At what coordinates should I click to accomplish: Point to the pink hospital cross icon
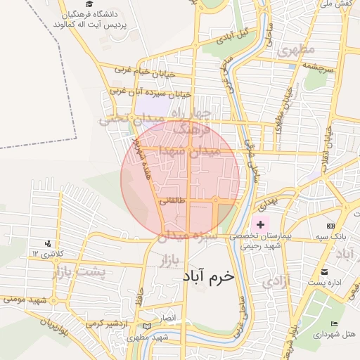[x=261, y=224]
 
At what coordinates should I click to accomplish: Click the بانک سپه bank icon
[x=331, y=226]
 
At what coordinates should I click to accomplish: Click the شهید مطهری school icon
[x=146, y=326]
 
